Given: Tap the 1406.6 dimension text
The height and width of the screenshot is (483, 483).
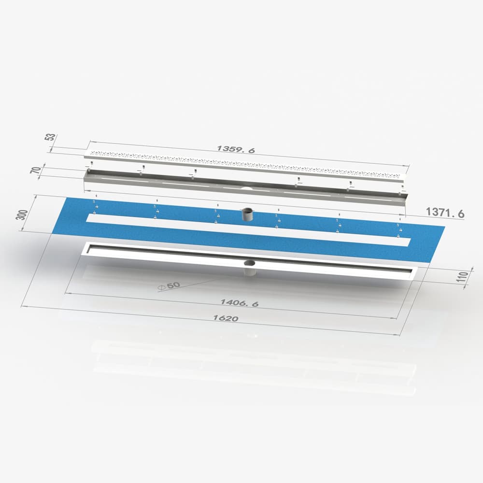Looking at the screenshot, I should coord(240,303).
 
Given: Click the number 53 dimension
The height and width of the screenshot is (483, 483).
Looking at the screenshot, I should coord(49,137).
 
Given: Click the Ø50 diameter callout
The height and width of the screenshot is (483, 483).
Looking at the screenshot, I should coord(168,285).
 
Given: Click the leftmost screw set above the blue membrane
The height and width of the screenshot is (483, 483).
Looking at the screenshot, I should coord(96,206).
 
